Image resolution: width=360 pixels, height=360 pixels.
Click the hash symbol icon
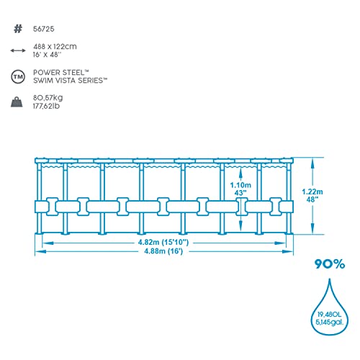pos(18,29)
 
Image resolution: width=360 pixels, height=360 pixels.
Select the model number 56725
pos(44,29)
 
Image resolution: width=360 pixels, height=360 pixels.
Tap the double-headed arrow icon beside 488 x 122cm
pos(18,50)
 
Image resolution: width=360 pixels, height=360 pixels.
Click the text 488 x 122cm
pos(55,47)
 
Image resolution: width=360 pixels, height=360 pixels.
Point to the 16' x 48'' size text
pos(48,55)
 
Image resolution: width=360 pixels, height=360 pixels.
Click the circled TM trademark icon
pos(18,77)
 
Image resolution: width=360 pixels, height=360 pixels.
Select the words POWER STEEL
pos(59,73)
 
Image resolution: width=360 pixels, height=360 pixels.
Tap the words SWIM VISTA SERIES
pos(68,81)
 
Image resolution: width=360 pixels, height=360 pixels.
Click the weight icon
pos(17,102)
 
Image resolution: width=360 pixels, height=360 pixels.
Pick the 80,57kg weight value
pos(48,98)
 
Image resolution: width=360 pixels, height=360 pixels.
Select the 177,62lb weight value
pos(46,106)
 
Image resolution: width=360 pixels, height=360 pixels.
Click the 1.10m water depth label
pos(240,185)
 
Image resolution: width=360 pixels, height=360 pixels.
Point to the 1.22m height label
pos(312,192)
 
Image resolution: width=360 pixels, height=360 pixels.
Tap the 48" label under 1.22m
pos(312,199)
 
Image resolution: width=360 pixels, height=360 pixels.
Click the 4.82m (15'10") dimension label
pos(163,242)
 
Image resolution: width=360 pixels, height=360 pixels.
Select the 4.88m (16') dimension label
pos(163,251)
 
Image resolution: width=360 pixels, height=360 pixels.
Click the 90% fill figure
pos(330,264)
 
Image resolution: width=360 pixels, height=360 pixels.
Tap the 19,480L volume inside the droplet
pos(329,315)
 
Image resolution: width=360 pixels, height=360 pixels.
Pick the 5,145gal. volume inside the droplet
pos(330,323)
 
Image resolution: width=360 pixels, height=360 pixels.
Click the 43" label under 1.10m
pos(240,193)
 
